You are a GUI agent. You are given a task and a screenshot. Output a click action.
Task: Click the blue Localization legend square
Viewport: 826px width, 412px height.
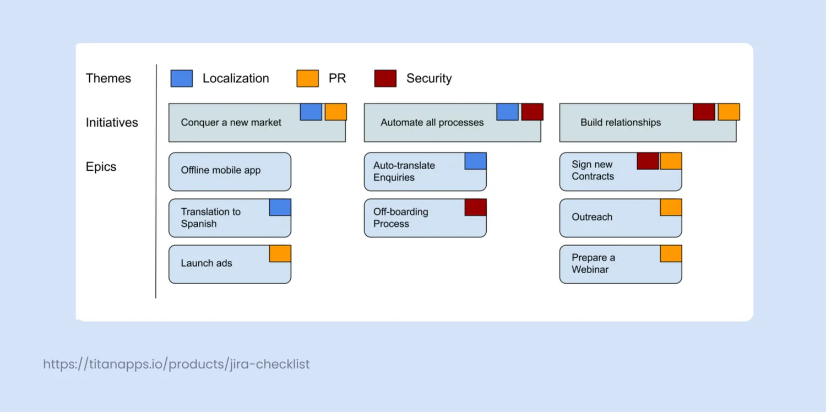tap(181, 78)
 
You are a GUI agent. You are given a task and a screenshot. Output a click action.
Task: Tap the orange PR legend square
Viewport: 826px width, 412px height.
tap(307, 78)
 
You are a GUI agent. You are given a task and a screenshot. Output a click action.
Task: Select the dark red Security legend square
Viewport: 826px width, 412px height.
tap(385, 78)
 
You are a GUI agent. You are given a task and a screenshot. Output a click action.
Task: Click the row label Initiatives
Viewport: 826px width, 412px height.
tap(112, 122)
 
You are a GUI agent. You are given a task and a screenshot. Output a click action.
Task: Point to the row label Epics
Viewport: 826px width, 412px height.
tap(101, 167)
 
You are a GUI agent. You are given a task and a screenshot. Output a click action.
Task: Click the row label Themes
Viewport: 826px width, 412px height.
tap(108, 78)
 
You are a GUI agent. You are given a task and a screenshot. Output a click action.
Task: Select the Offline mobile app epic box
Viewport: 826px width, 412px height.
tap(230, 171)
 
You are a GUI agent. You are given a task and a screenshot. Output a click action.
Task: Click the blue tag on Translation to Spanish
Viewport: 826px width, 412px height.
tap(280, 207)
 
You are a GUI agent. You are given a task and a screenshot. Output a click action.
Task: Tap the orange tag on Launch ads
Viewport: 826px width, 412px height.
tap(280, 254)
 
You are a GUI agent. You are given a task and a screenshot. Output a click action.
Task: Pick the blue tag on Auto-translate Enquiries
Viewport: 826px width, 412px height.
tap(476, 161)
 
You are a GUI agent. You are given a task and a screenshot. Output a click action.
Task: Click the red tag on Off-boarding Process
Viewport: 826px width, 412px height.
tap(476, 207)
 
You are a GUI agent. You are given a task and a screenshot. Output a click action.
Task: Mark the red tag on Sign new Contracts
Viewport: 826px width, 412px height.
tap(648, 161)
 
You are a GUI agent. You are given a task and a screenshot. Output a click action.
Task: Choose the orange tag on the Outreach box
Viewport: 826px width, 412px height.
tap(671, 207)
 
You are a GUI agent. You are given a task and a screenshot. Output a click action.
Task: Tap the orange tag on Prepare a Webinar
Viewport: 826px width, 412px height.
tap(671, 254)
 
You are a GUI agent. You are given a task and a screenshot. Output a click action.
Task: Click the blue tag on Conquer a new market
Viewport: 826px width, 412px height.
tap(311, 112)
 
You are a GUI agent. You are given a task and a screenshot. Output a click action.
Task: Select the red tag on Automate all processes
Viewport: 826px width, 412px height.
tap(532, 112)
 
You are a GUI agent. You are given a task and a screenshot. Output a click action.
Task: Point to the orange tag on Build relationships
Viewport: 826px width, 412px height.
tap(729, 112)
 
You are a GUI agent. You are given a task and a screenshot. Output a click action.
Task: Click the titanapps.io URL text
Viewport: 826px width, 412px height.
tap(176, 364)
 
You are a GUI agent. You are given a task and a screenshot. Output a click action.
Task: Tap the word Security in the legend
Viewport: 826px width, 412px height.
tap(429, 78)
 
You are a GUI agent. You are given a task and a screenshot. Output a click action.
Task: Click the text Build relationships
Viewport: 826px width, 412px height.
tap(621, 122)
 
